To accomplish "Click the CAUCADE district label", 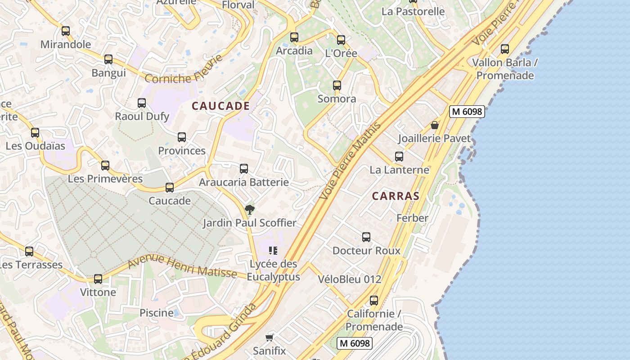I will (x=220, y=106).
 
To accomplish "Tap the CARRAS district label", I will (x=396, y=196).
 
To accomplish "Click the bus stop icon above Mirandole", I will (x=66, y=31).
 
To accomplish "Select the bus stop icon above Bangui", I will (x=108, y=59).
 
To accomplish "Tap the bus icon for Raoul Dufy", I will (x=142, y=103).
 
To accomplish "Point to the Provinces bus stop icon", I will (x=182, y=137).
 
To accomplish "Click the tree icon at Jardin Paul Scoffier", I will (x=249, y=209).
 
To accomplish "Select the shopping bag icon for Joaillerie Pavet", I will (x=435, y=125).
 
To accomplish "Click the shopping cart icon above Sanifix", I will (x=270, y=337).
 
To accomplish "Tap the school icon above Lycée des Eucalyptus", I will (x=273, y=251).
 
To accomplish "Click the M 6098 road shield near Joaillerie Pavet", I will (x=467, y=112).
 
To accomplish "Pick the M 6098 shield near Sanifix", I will (x=355, y=343).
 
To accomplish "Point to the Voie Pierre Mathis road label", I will (x=350, y=161).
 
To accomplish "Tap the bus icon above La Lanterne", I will (x=399, y=157).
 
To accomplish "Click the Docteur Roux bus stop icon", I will (x=366, y=237).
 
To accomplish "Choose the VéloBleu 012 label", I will (x=350, y=279).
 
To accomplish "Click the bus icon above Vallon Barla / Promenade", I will (x=505, y=49).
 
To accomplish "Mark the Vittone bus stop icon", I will (x=98, y=279).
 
